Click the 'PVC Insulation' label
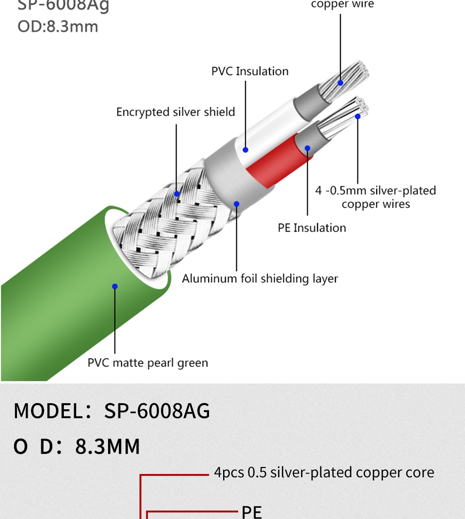250,71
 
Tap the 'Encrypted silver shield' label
176,112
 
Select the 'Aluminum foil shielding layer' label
260,278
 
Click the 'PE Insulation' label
312,228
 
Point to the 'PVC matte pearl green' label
147,362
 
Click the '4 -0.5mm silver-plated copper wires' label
375,197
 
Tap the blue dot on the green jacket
115,286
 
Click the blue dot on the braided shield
177,194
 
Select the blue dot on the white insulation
245,150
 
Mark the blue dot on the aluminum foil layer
237,204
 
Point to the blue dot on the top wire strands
341,83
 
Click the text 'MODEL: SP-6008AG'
112,411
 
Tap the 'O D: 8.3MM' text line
77,446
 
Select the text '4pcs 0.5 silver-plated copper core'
324,472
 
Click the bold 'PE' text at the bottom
252,511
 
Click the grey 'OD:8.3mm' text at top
58,26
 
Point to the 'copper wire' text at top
342,5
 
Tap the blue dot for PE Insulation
308,148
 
